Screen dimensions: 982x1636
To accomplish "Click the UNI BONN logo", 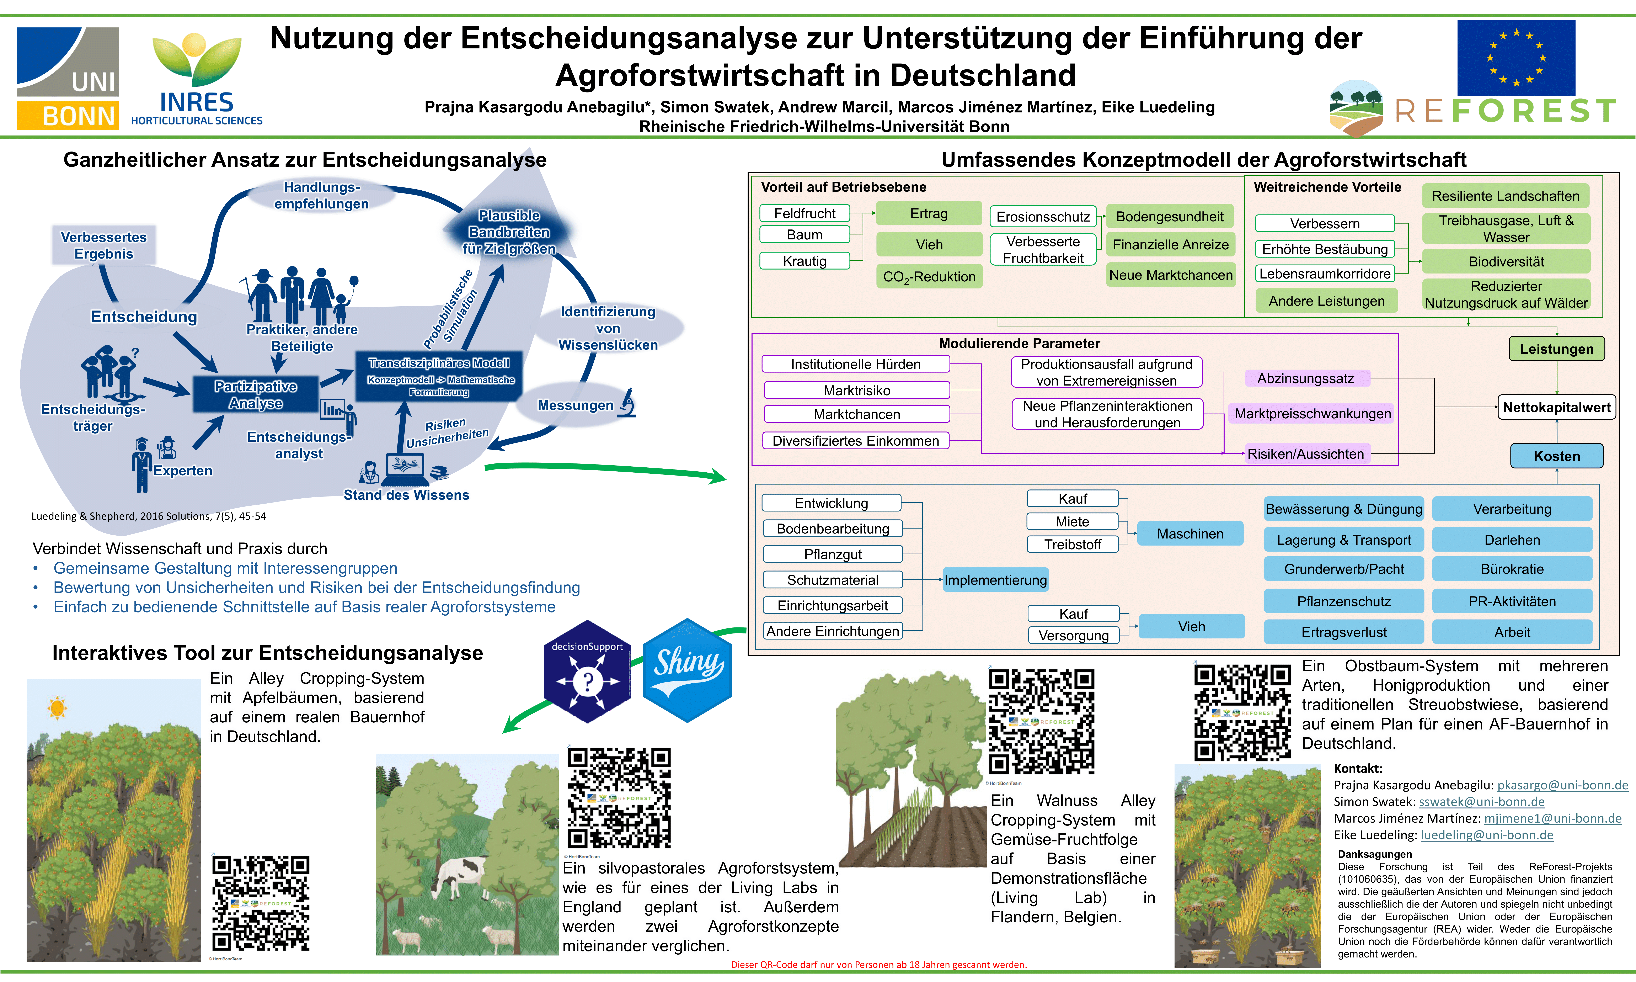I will (68, 78).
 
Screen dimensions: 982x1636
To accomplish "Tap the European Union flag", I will (1516, 58).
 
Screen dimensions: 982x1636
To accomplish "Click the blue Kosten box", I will (1556, 456).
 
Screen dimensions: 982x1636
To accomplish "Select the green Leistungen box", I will (1556, 349).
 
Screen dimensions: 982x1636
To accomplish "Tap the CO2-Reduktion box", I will (929, 277).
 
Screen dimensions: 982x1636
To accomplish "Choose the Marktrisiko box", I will (857, 391).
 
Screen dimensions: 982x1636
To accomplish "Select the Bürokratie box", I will (1512, 569).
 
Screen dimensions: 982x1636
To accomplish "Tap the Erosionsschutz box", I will (1043, 216).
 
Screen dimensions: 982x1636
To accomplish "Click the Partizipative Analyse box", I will (255, 394).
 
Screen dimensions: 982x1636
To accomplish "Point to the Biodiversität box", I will (1506, 261).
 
